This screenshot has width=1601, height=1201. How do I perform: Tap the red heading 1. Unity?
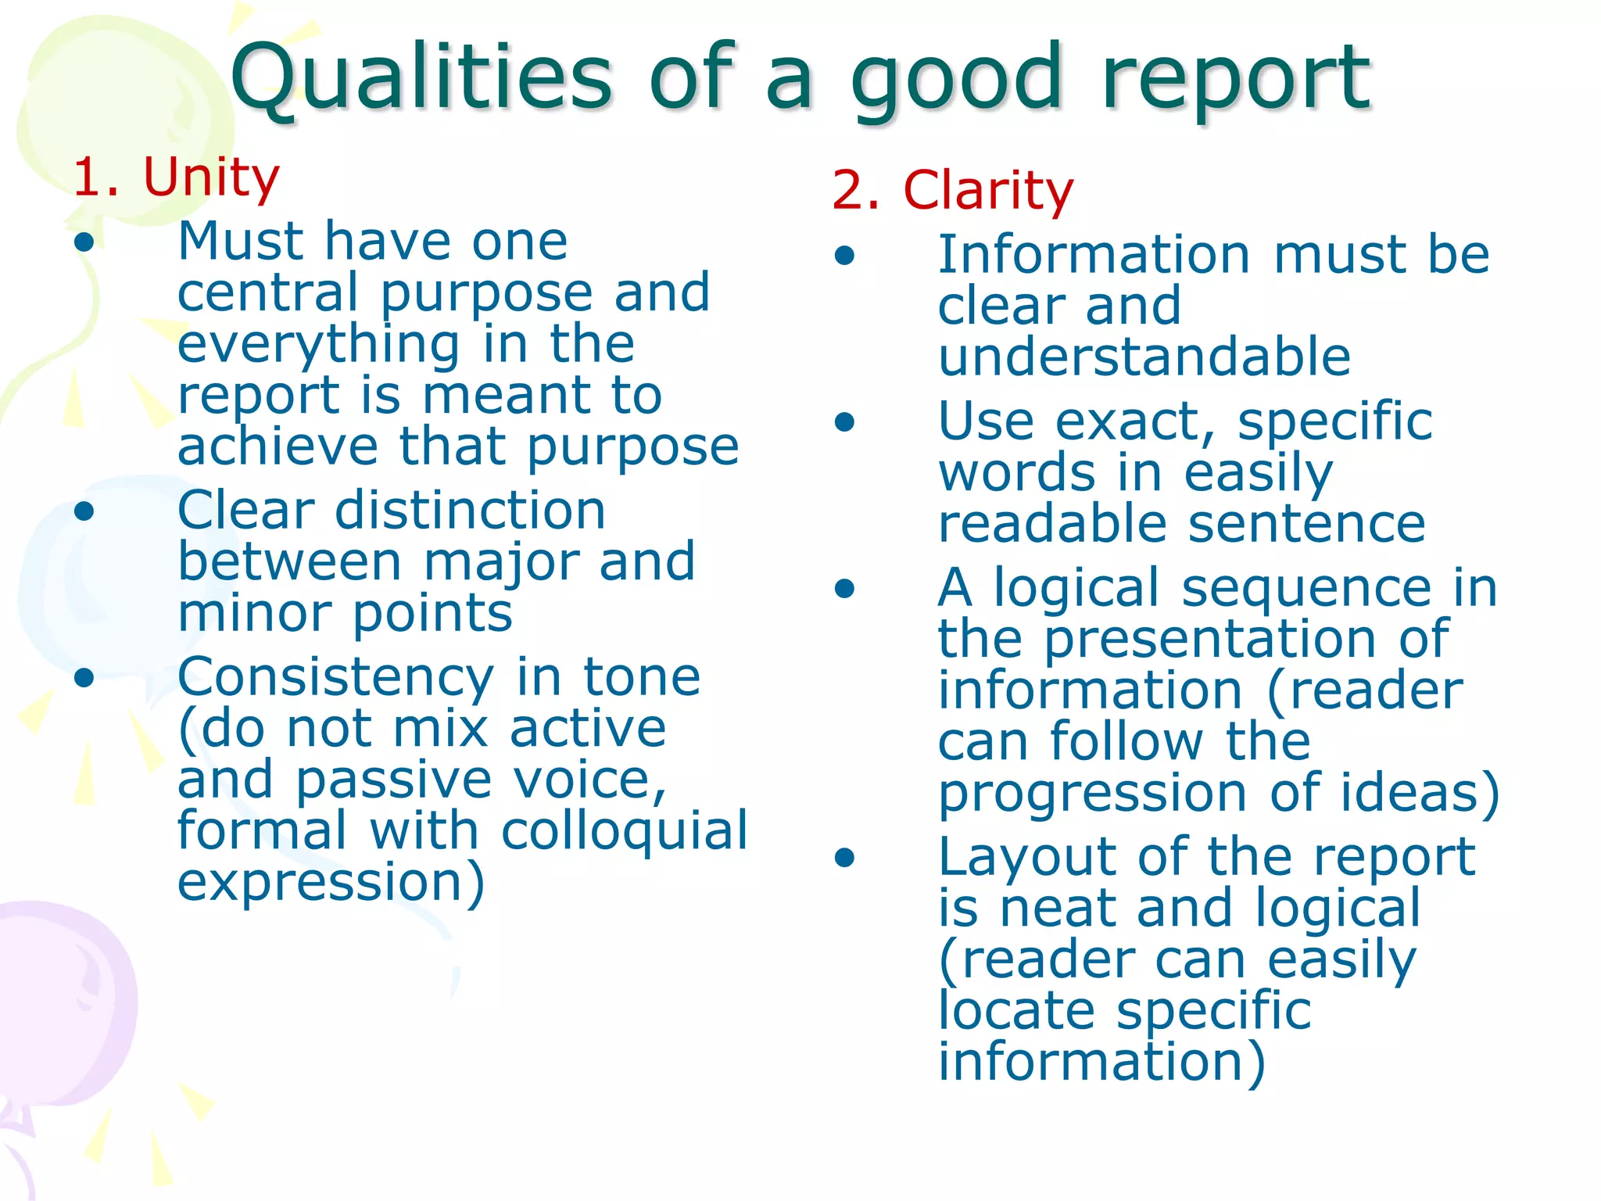coord(176,177)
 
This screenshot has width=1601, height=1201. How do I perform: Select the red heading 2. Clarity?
coord(953,190)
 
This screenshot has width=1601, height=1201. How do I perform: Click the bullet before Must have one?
coord(84,242)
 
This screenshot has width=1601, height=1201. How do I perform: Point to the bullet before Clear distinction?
coord(84,511)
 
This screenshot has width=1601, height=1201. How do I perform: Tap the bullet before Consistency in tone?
coord(84,678)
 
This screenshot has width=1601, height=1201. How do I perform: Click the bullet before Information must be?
coord(844,256)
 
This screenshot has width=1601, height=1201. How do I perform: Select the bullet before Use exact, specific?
coord(844,422)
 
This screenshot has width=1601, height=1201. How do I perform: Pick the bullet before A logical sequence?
coord(844,588)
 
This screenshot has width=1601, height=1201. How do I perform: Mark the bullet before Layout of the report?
coord(844,858)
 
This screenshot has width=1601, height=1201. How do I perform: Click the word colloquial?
coord(624,830)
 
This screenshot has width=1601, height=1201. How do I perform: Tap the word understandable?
coord(1144,357)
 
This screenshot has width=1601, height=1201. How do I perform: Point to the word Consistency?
coord(335,678)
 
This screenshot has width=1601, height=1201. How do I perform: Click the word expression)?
coord(331,883)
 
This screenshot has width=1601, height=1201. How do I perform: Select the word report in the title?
coord(1235,78)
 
